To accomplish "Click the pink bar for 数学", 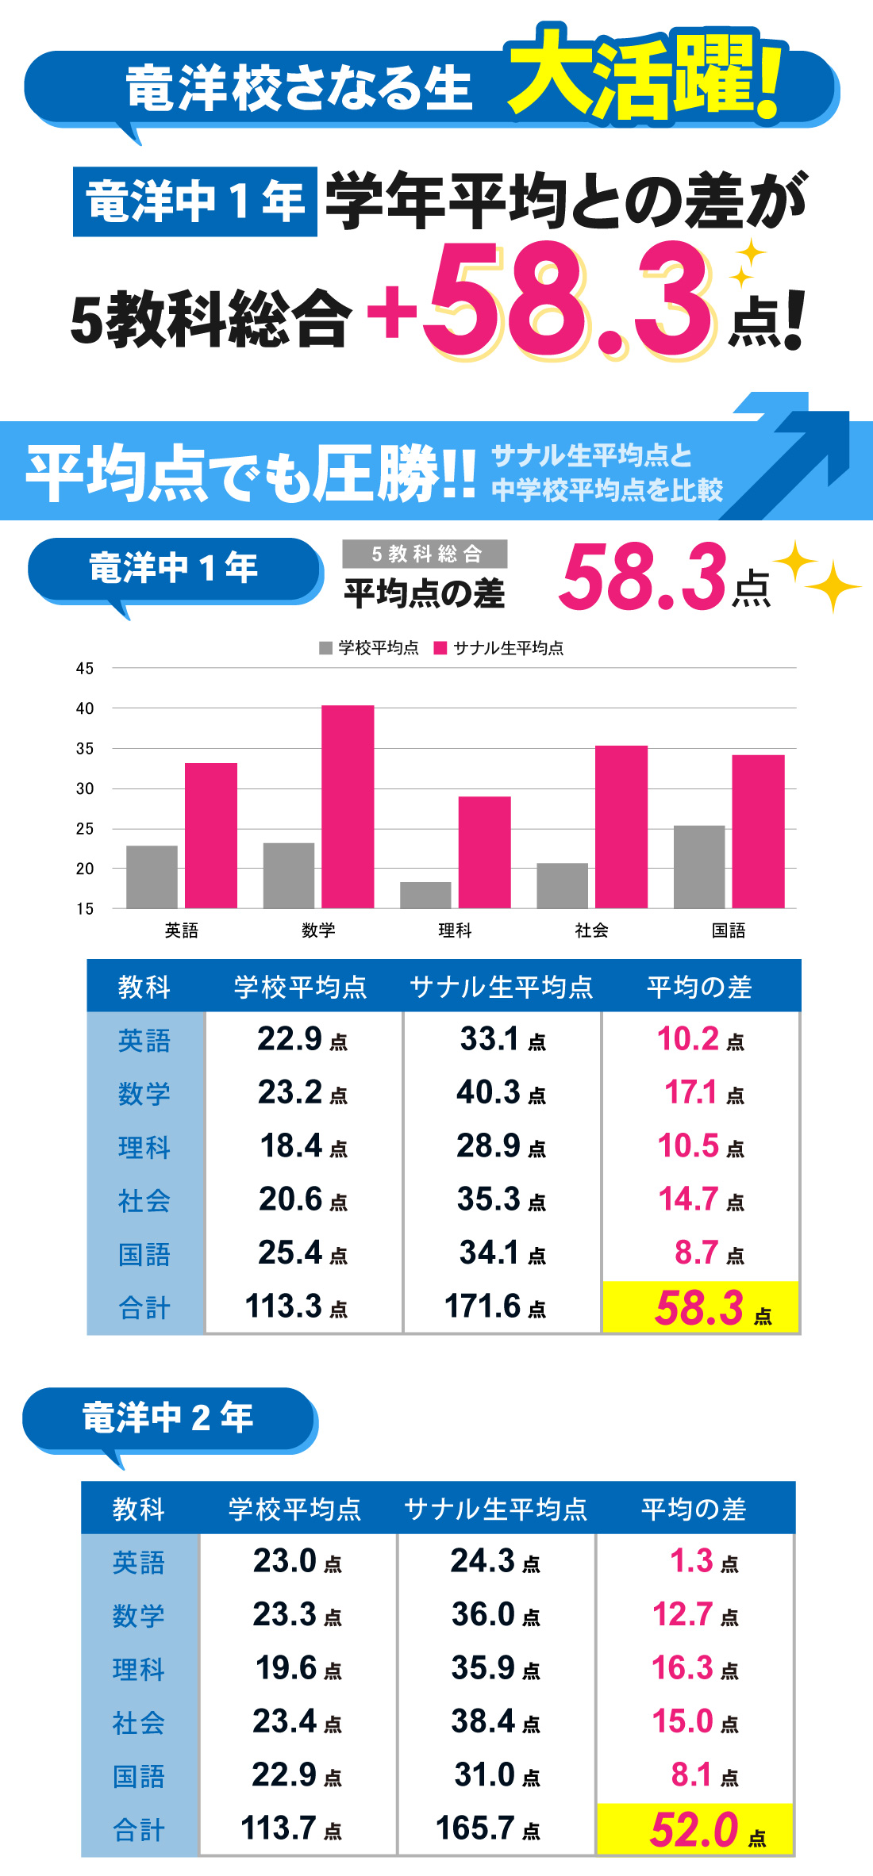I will click(x=348, y=806).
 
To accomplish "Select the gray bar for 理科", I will click(x=425, y=895).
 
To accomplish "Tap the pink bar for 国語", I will click(x=758, y=831).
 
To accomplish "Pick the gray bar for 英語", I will click(x=152, y=877).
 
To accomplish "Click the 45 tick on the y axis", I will click(x=85, y=669).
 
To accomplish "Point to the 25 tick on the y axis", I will click(x=85, y=829).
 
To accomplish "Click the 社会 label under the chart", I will click(x=591, y=930).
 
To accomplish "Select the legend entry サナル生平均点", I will click(x=499, y=648).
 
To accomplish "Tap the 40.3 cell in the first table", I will click(x=501, y=1093).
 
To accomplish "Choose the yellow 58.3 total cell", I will click(x=701, y=1307).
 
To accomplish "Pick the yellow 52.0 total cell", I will click(x=695, y=1829).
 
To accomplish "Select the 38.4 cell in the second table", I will click(x=495, y=1722).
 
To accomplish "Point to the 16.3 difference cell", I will click(x=694, y=1668).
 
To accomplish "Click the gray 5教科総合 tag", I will click(x=425, y=554).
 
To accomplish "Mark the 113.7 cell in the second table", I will click(x=290, y=1828).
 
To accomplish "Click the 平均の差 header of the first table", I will click(x=699, y=987).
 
